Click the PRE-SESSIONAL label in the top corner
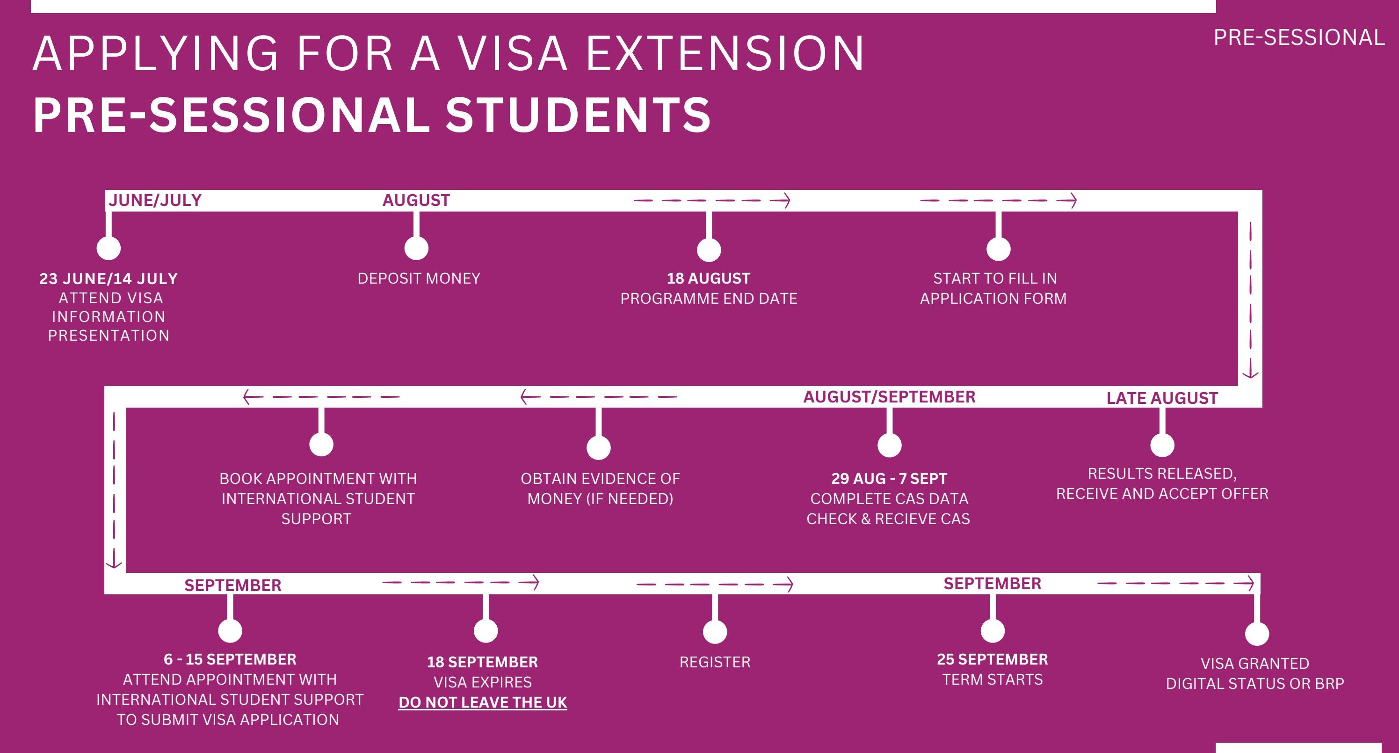coord(1298,37)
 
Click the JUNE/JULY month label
coord(155,200)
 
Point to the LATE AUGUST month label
coord(1162,398)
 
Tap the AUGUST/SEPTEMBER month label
coord(889,396)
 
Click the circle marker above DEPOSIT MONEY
coord(417,248)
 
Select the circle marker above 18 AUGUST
coord(709,250)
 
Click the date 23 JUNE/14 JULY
coord(109,279)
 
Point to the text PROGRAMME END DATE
coord(709,298)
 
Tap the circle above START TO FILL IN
coord(998,249)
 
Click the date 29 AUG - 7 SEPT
coord(889,479)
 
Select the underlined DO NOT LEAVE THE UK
coord(483,702)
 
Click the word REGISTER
coord(715,662)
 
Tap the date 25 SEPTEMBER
coord(992,659)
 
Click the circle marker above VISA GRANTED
coord(1257,634)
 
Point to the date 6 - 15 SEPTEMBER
coord(230,659)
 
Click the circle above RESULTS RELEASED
coord(1162,445)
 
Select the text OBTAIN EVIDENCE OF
coord(600,479)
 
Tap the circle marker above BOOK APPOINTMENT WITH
coord(321,444)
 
